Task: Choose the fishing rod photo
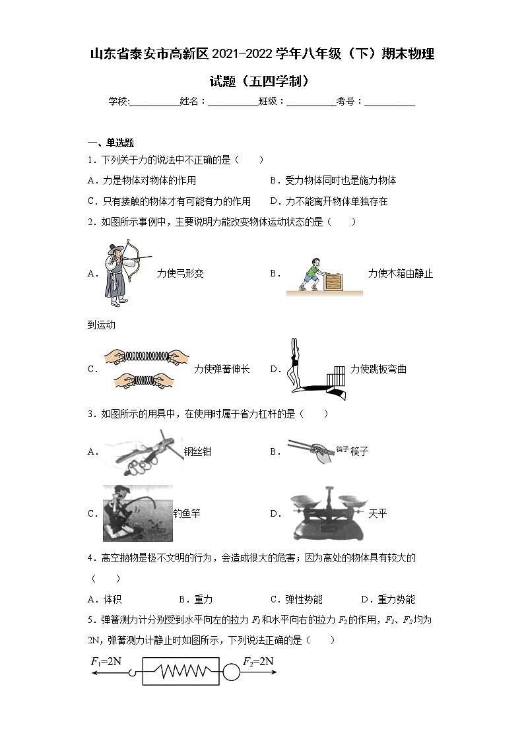tap(137, 513)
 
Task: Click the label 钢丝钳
tap(198, 452)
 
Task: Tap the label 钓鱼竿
tap(187, 513)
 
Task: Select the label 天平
tap(377, 513)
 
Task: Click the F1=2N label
tap(106, 661)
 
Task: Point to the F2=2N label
tap(258, 661)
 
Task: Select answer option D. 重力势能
tap(388, 599)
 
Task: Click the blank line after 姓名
tap(233, 102)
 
